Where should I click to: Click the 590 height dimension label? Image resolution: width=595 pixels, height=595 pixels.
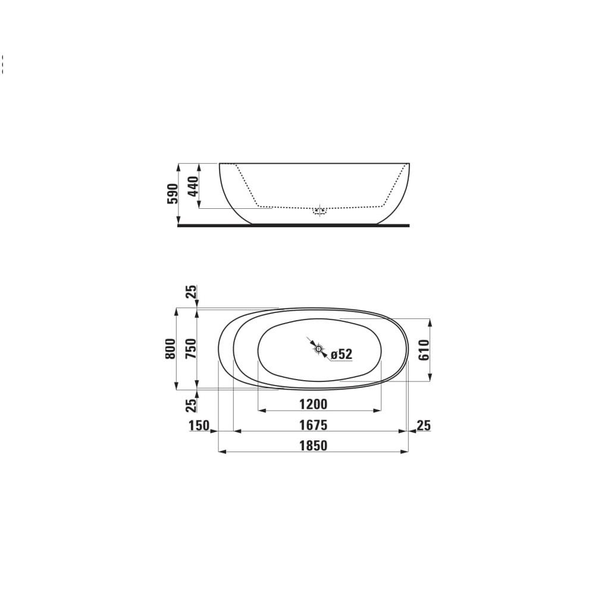pos(171,194)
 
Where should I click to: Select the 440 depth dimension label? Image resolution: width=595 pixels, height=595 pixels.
pos(192,186)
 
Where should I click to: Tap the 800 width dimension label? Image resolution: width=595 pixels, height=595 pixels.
pos(171,348)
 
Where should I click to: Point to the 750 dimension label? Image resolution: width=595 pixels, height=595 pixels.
pos(191,348)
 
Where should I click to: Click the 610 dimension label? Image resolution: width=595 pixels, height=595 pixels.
pos(424,350)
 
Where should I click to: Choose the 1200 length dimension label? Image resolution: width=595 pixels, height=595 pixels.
pos(313,405)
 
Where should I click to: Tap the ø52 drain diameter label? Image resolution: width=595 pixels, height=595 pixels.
pos(342,354)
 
